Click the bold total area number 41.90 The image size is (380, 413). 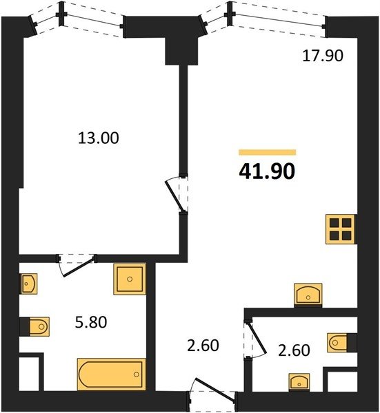click(x=267, y=171)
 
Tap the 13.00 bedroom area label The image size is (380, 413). click(x=99, y=138)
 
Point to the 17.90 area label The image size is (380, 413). click(x=323, y=56)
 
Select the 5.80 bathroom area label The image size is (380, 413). click(x=91, y=322)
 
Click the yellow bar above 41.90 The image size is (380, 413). click(x=268, y=152)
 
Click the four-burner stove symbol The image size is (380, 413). click(x=341, y=229)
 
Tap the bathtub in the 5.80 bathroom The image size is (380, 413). click(x=111, y=374)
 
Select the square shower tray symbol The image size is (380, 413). click(x=130, y=279)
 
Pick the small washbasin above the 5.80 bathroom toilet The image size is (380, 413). click(x=29, y=284)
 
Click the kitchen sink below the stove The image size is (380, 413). click(x=308, y=295)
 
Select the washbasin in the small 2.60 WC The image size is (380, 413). click(x=299, y=381)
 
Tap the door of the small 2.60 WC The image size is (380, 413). click(x=254, y=338)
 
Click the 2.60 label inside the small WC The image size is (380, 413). click(x=294, y=350)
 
